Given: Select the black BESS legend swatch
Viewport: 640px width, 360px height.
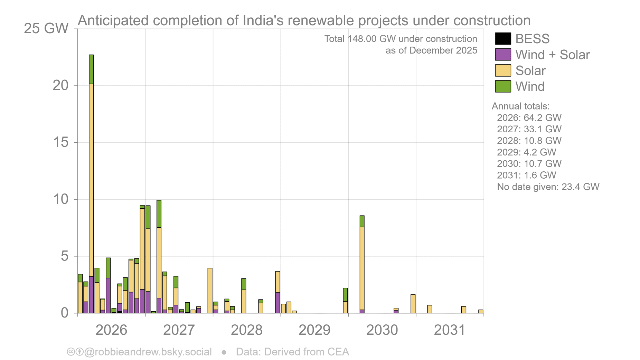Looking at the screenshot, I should pyautogui.click(x=503, y=39).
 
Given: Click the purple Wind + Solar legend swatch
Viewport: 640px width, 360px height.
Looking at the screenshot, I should pyautogui.click(x=503, y=55).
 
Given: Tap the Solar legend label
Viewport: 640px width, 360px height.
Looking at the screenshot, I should pyautogui.click(x=530, y=70).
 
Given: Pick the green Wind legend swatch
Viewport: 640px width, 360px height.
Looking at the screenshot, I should pyautogui.click(x=503, y=86).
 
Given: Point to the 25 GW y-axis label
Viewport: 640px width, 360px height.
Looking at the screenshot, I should pyautogui.click(x=46, y=28).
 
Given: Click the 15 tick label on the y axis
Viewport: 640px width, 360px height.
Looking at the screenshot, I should pyautogui.click(x=61, y=142).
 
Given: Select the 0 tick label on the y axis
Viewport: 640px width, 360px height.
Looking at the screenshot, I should pyautogui.click(x=65, y=313).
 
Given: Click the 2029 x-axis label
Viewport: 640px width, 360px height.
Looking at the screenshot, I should pyautogui.click(x=314, y=330).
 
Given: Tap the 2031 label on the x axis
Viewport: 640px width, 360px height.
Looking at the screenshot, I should pyautogui.click(x=450, y=330).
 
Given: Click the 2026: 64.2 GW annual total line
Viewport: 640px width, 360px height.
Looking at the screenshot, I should pyautogui.click(x=529, y=118).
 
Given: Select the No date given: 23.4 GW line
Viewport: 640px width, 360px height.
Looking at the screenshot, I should pyautogui.click(x=548, y=187).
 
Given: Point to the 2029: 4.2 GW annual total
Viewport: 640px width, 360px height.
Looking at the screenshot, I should pyautogui.click(x=526, y=152).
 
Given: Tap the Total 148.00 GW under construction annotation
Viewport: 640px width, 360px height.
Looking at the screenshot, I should pyautogui.click(x=401, y=39).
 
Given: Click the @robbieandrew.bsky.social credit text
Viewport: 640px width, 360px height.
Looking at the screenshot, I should pyautogui.click(x=148, y=352).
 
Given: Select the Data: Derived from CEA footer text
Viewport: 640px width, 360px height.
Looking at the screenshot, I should pyautogui.click(x=292, y=352).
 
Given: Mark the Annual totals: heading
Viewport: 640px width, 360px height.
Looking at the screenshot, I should pyautogui.click(x=520, y=106).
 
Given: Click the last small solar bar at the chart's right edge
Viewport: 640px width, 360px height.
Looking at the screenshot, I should pyautogui.click(x=481, y=311).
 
